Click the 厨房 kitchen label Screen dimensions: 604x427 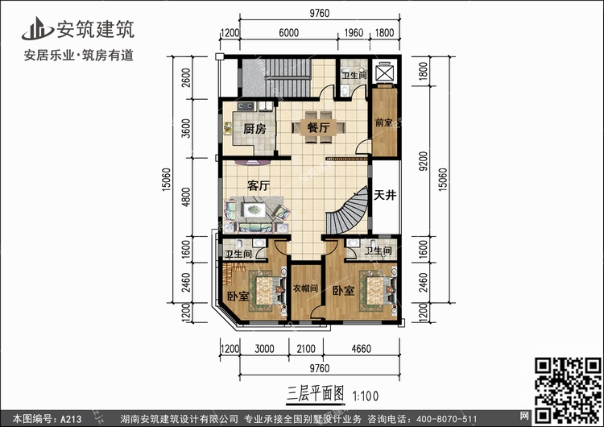tap(254, 128)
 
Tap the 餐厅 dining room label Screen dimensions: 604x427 tap(318, 127)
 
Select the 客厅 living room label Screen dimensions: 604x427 tap(259, 186)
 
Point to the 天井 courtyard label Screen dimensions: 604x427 tap(385, 195)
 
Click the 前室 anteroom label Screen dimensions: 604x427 tap(383, 122)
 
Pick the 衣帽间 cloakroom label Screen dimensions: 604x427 tap(305, 288)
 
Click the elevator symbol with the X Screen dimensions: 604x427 tap(385, 72)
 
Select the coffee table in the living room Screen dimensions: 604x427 tap(254, 210)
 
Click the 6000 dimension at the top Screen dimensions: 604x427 tap(288, 33)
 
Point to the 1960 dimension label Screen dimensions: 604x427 tap(354, 33)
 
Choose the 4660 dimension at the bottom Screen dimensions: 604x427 tap(361, 349)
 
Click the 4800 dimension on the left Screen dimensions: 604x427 tap(186, 197)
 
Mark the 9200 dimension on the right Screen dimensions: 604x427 tap(423, 161)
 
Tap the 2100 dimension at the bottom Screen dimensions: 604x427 tap(306, 349)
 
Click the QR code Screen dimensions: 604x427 tap(567, 390)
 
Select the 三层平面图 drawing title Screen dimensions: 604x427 tap(315, 394)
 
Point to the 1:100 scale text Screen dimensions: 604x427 tap(366, 396)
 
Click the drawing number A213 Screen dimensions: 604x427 tap(71, 419)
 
